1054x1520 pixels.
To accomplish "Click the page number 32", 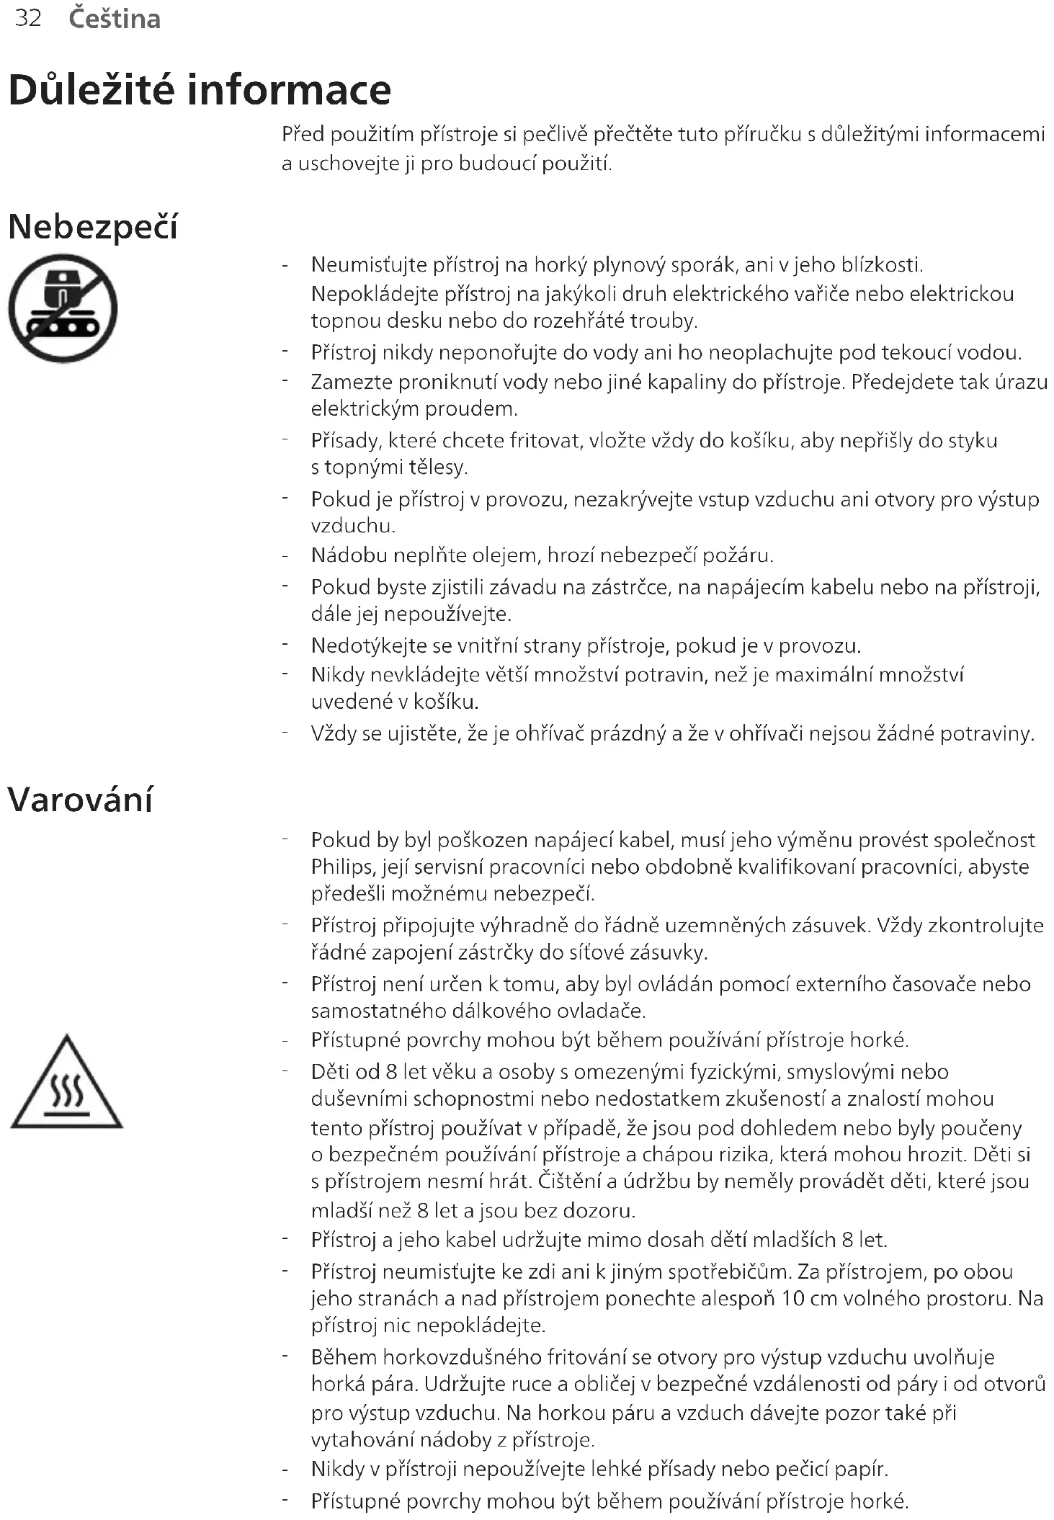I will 28,18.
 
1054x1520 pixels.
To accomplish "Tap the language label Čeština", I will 115,19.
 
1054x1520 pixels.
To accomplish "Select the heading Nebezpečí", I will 92,227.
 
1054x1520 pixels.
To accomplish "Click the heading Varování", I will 80,800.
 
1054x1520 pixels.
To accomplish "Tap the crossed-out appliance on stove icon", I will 63,308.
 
